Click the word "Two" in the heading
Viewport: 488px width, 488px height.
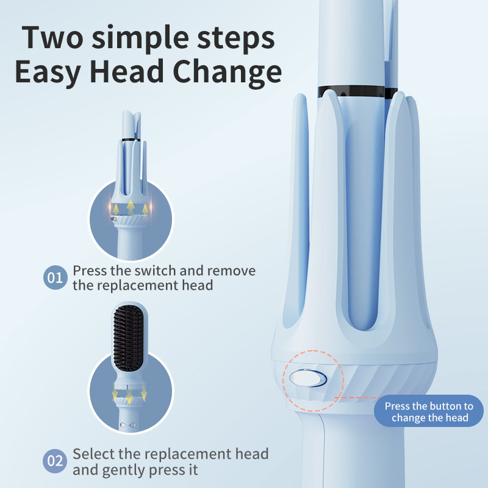(53, 38)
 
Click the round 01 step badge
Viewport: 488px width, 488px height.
(56, 278)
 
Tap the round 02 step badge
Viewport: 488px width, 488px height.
(55, 461)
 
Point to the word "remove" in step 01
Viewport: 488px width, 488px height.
(231, 271)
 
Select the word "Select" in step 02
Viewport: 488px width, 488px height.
(93, 454)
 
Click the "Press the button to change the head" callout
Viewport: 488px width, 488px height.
(429, 411)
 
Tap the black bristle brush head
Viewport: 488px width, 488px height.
(128, 338)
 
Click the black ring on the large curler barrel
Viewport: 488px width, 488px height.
(357, 92)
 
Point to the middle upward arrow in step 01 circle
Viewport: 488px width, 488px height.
(131, 206)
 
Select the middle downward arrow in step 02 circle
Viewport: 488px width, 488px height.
(129, 396)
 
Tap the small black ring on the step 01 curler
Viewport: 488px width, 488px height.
(131, 140)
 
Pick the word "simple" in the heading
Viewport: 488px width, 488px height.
(140, 39)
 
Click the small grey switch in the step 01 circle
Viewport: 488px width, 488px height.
(114, 219)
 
